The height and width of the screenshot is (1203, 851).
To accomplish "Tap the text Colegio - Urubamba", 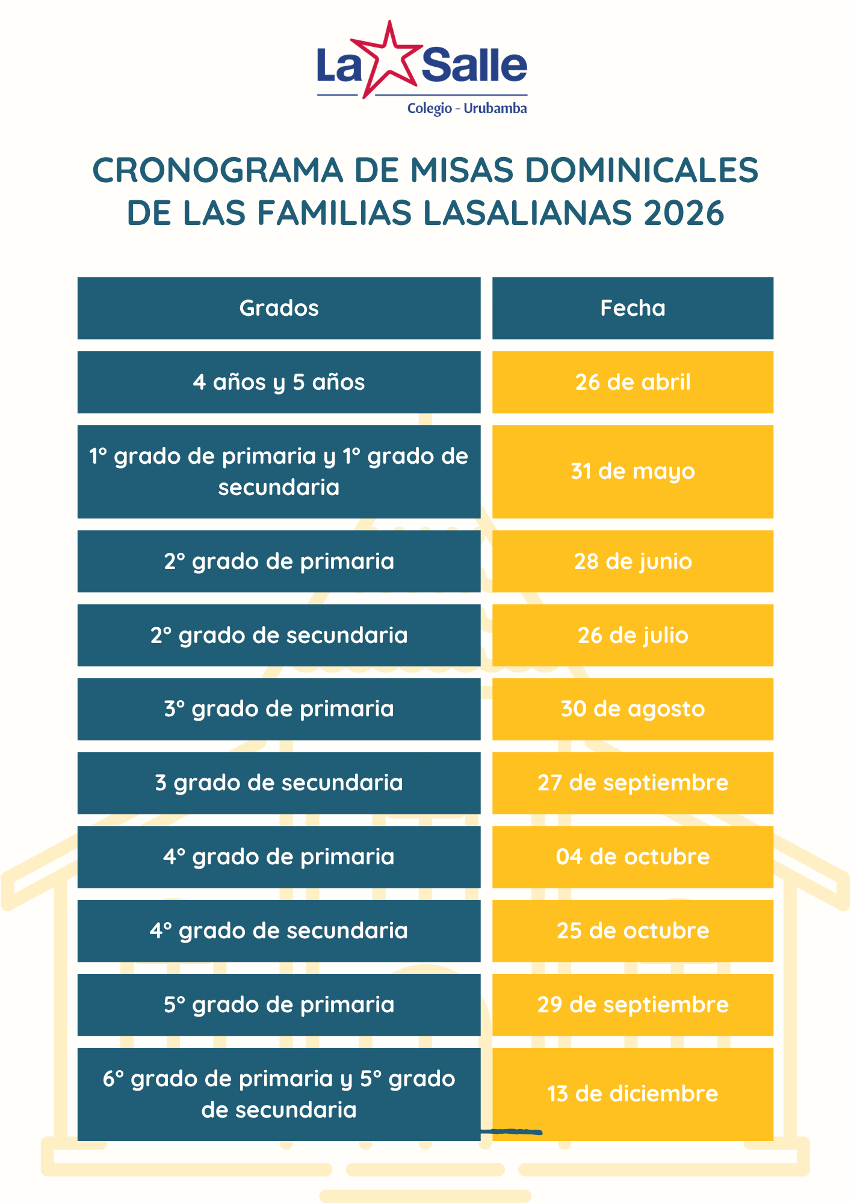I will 467,109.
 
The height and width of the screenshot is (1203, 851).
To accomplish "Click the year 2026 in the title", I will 684,213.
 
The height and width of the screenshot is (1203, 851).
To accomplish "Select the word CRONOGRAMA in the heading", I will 217,170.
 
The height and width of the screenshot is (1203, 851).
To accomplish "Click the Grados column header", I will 279,309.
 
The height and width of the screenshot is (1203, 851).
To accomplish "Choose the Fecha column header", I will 633,309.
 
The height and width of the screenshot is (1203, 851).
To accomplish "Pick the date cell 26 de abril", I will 633,383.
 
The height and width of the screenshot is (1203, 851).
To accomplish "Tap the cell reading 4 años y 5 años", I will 279,383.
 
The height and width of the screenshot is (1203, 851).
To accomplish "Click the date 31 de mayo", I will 633,472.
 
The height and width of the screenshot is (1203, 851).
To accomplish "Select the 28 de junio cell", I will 633,561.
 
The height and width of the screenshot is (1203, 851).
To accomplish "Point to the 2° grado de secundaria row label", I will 279,635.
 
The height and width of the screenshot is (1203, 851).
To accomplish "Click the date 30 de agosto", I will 633,709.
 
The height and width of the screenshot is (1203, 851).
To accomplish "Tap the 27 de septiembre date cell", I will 633,783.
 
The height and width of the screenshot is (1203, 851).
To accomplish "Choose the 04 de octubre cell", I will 633,857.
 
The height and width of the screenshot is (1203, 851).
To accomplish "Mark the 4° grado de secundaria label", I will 279,931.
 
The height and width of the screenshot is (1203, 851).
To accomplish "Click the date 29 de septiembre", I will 633,1005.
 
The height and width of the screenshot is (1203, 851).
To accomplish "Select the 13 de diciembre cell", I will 633,1094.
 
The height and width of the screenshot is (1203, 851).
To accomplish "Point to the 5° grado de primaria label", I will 279,1005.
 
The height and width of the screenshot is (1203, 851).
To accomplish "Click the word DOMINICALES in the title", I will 642,170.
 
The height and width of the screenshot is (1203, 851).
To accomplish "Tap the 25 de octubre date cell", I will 633,931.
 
